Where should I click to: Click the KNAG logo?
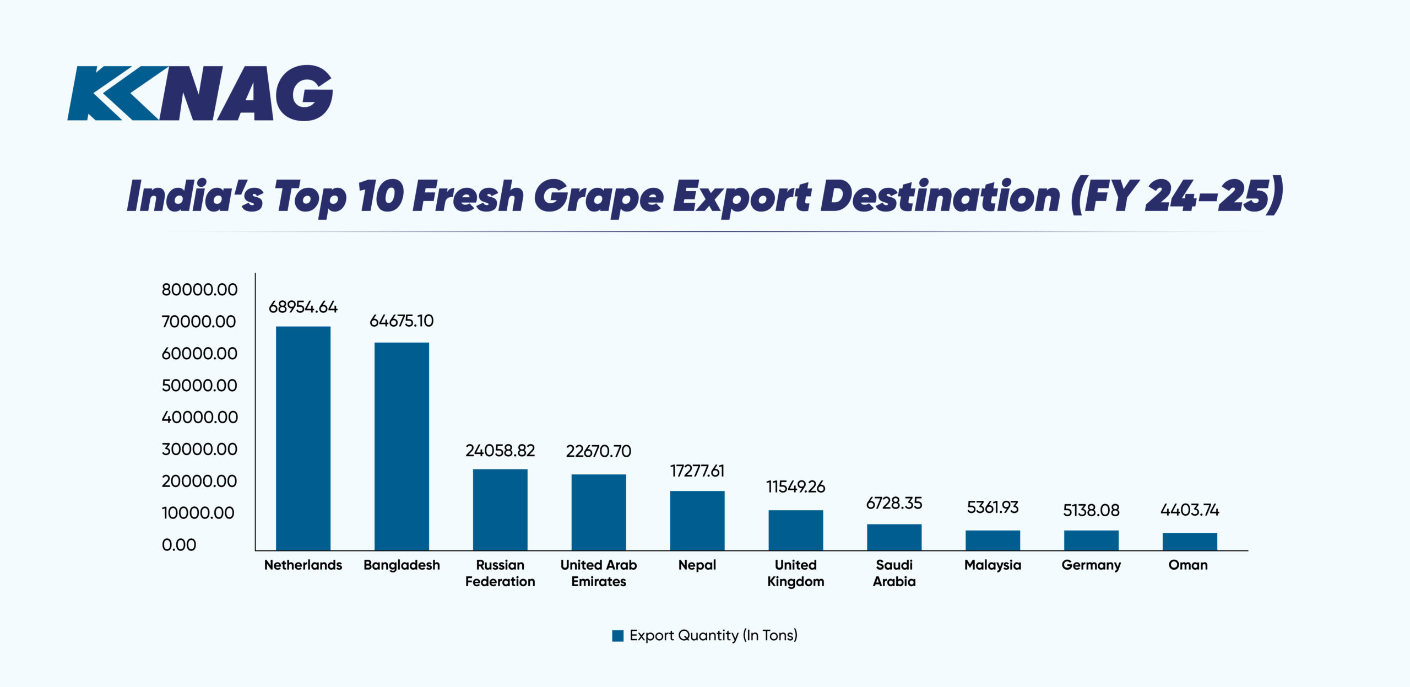tap(200, 93)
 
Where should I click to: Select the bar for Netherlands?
tap(303, 438)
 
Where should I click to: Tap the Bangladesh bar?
tap(402, 446)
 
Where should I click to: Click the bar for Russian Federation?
tap(500, 510)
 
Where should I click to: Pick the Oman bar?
tap(1190, 542)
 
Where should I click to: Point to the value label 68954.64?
tap(303, 307)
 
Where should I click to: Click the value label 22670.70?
tap(598, 451)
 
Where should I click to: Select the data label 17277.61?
tap(697, 471)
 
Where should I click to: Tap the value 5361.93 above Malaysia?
tap(993, 507)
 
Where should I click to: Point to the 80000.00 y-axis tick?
tap(199, 290)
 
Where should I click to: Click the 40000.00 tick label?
tap(199, 417)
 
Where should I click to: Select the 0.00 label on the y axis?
tap(179, 545)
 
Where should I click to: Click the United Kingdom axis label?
tap(795, 573)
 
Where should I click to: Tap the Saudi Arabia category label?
tap(894, 573)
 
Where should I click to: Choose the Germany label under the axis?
tap(1091, 565)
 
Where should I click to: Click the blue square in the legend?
tap(617, 636)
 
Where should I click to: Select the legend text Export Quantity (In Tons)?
tap(713, 635)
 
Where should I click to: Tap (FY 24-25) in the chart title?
tap(1176, 196)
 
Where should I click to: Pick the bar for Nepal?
tap(697, 521)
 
